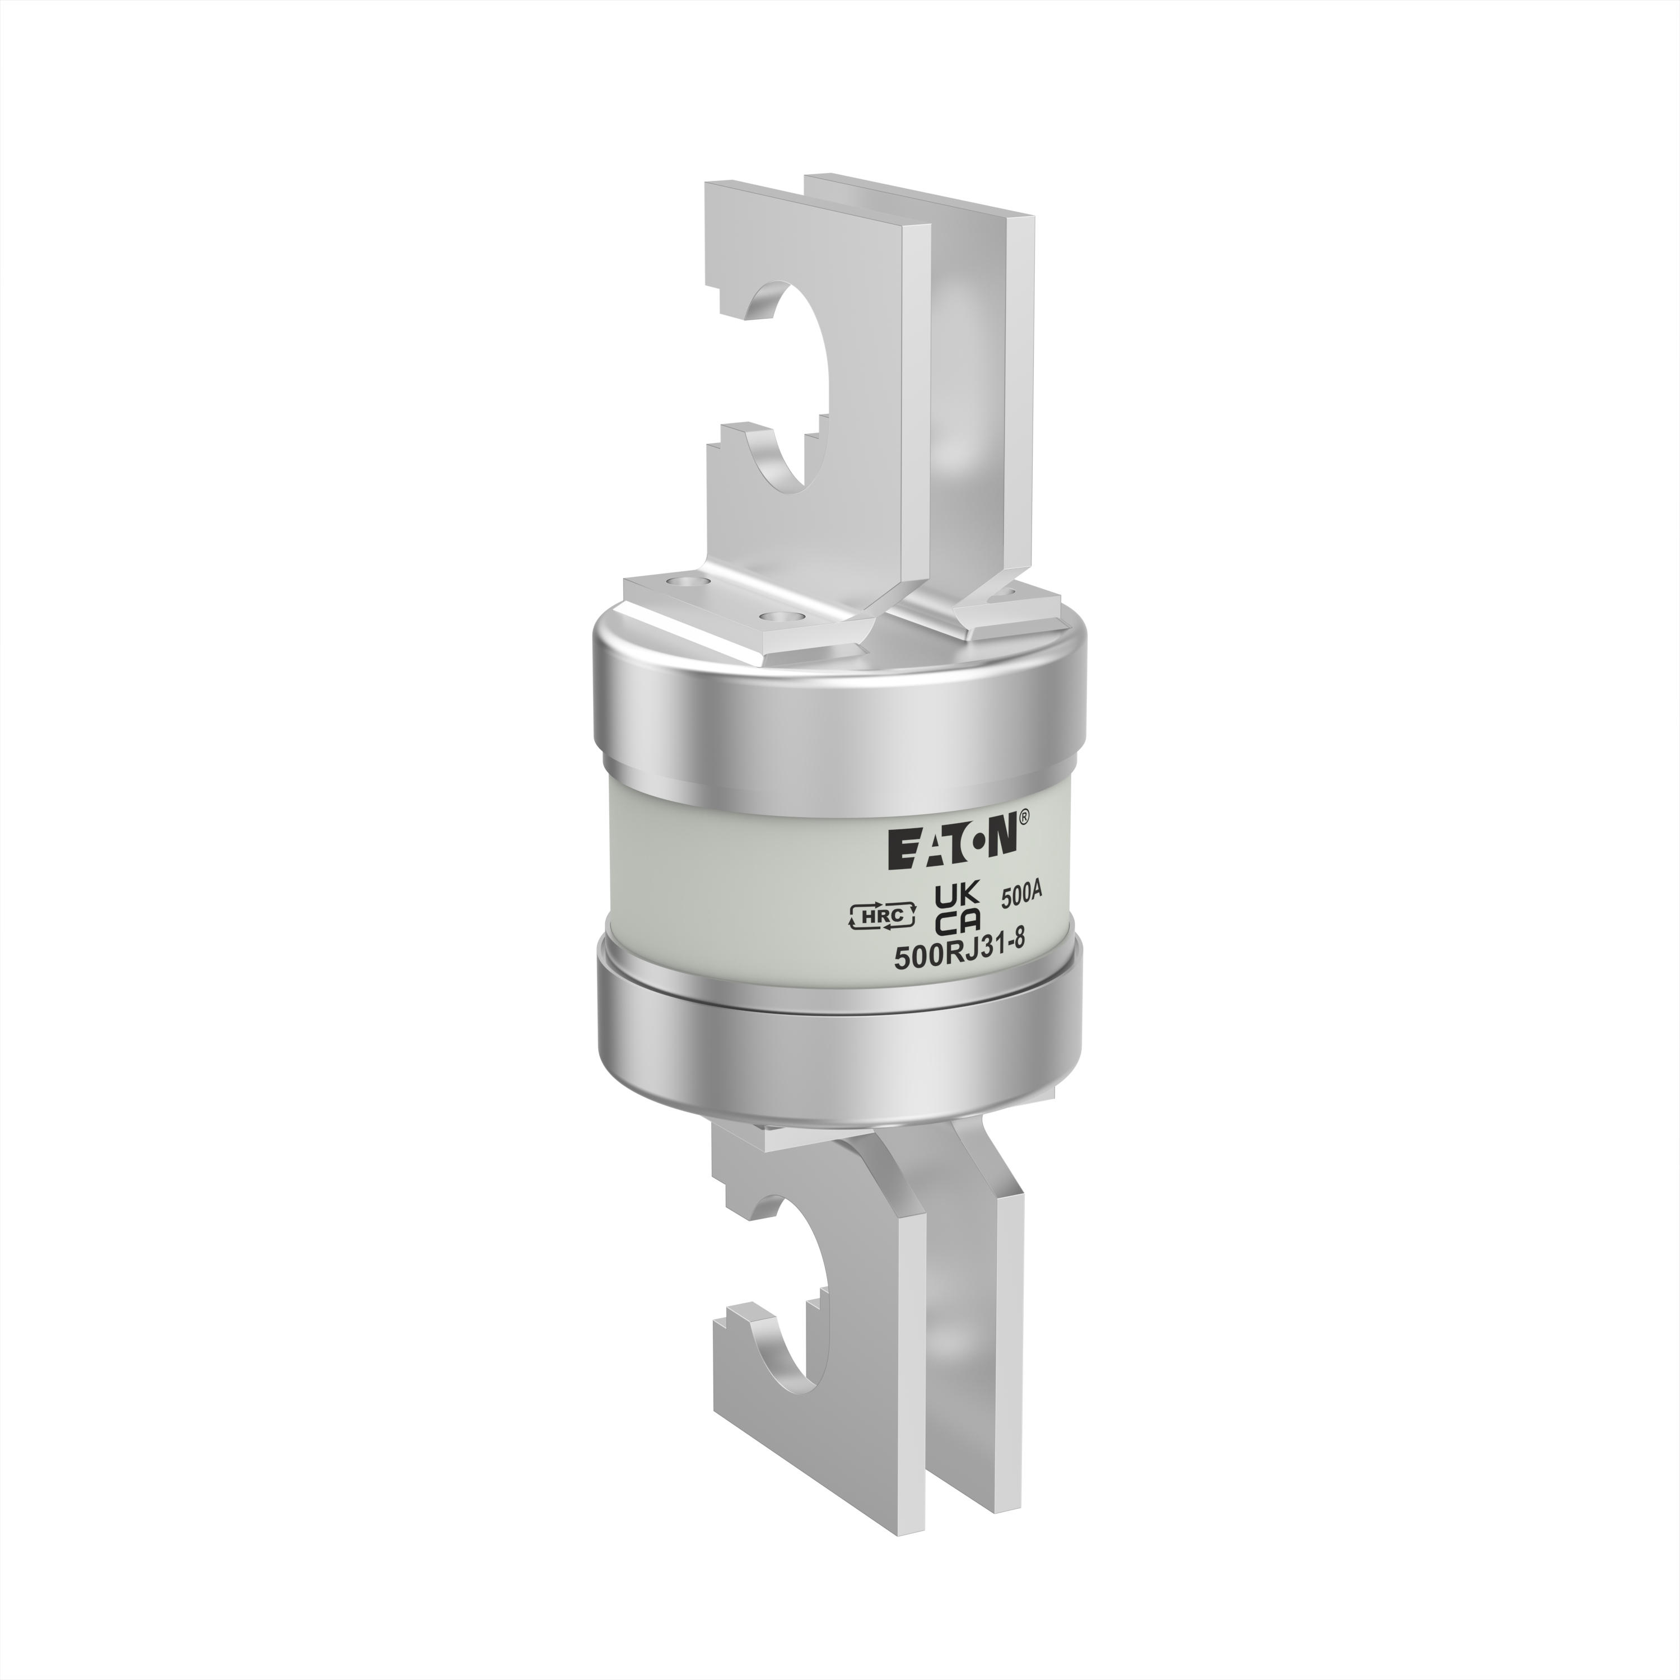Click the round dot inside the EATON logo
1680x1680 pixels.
tap(978, 845)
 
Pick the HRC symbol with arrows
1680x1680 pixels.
tap(879, 914)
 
